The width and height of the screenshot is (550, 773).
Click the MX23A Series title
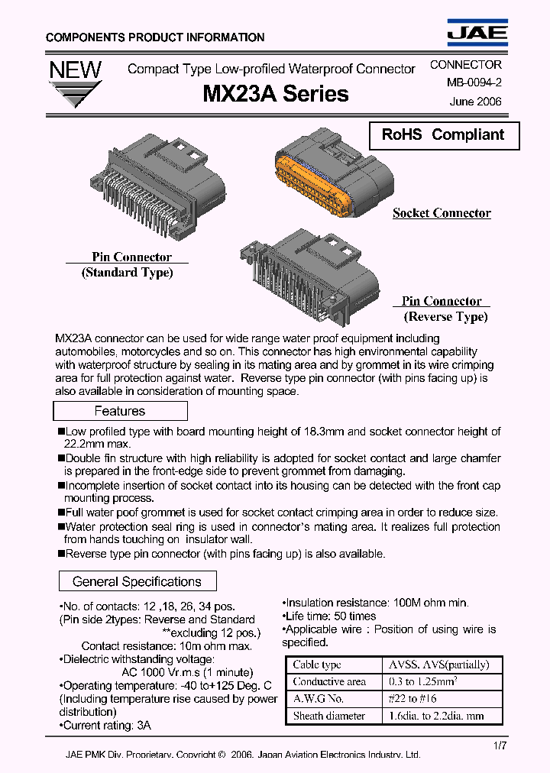(276, 94)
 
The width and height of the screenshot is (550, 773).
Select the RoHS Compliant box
(444, 135)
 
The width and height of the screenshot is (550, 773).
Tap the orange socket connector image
(332, 181)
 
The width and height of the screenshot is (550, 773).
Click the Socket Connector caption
(442, 213)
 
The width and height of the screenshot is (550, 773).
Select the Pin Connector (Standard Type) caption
(128, 265)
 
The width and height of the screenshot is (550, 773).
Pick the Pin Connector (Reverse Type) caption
(444, 309)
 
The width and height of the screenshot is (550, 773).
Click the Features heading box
(120, 411)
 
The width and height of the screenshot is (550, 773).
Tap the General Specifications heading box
(137, 581)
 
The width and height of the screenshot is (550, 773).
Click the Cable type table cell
(334, 665)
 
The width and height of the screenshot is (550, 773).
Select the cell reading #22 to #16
(442, 699)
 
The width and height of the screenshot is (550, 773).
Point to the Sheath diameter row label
(334, 716)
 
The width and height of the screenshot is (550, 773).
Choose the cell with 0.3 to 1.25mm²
(442, 681)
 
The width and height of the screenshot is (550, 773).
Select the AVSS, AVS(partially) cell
(442, 665)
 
